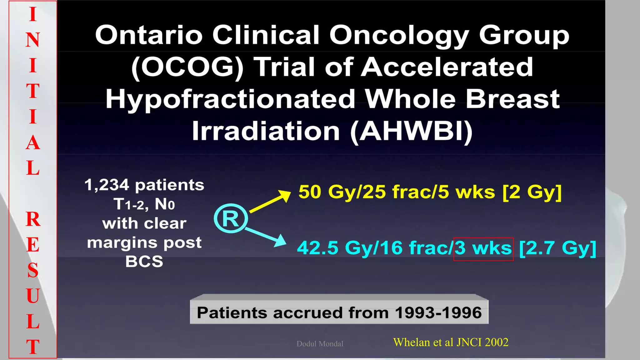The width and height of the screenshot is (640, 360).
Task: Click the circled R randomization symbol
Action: coord(231,218)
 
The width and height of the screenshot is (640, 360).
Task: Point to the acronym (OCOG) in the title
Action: coord(187,67)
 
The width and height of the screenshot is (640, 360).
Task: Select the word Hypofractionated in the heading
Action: coord(230,99)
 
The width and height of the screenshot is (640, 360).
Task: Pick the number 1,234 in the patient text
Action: coord(107,185)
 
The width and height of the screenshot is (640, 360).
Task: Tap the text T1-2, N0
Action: coord(144,205)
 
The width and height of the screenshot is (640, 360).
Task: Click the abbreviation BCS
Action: coord(144,262)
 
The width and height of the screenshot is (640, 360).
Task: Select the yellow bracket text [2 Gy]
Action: coord(532,192)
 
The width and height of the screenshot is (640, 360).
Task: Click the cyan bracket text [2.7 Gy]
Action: coord(557,248)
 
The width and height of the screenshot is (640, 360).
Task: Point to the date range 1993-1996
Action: coord(438,313)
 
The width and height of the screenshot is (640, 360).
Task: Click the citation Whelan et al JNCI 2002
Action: coord(451,342)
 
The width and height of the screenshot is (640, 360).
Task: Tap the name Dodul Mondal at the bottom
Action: coord(320,344)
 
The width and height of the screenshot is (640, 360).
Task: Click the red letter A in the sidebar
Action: coord(33,143)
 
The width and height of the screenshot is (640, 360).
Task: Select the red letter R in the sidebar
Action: coord(33,219)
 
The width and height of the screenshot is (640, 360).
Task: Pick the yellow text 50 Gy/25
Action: coord(342,192)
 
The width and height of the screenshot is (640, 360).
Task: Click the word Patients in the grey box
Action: coord(232,313)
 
